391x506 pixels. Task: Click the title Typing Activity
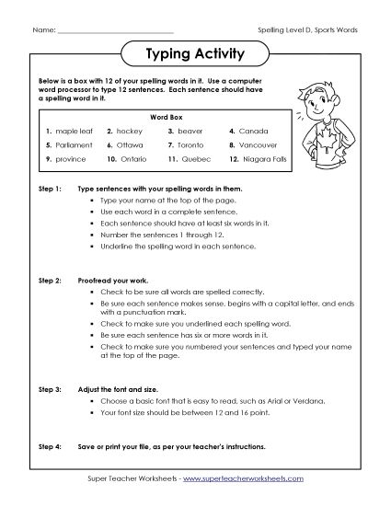point(195,54)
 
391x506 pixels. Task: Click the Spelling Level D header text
point(309,29)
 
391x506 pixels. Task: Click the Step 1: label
point(49,187)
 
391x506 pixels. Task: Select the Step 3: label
point(49,366)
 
